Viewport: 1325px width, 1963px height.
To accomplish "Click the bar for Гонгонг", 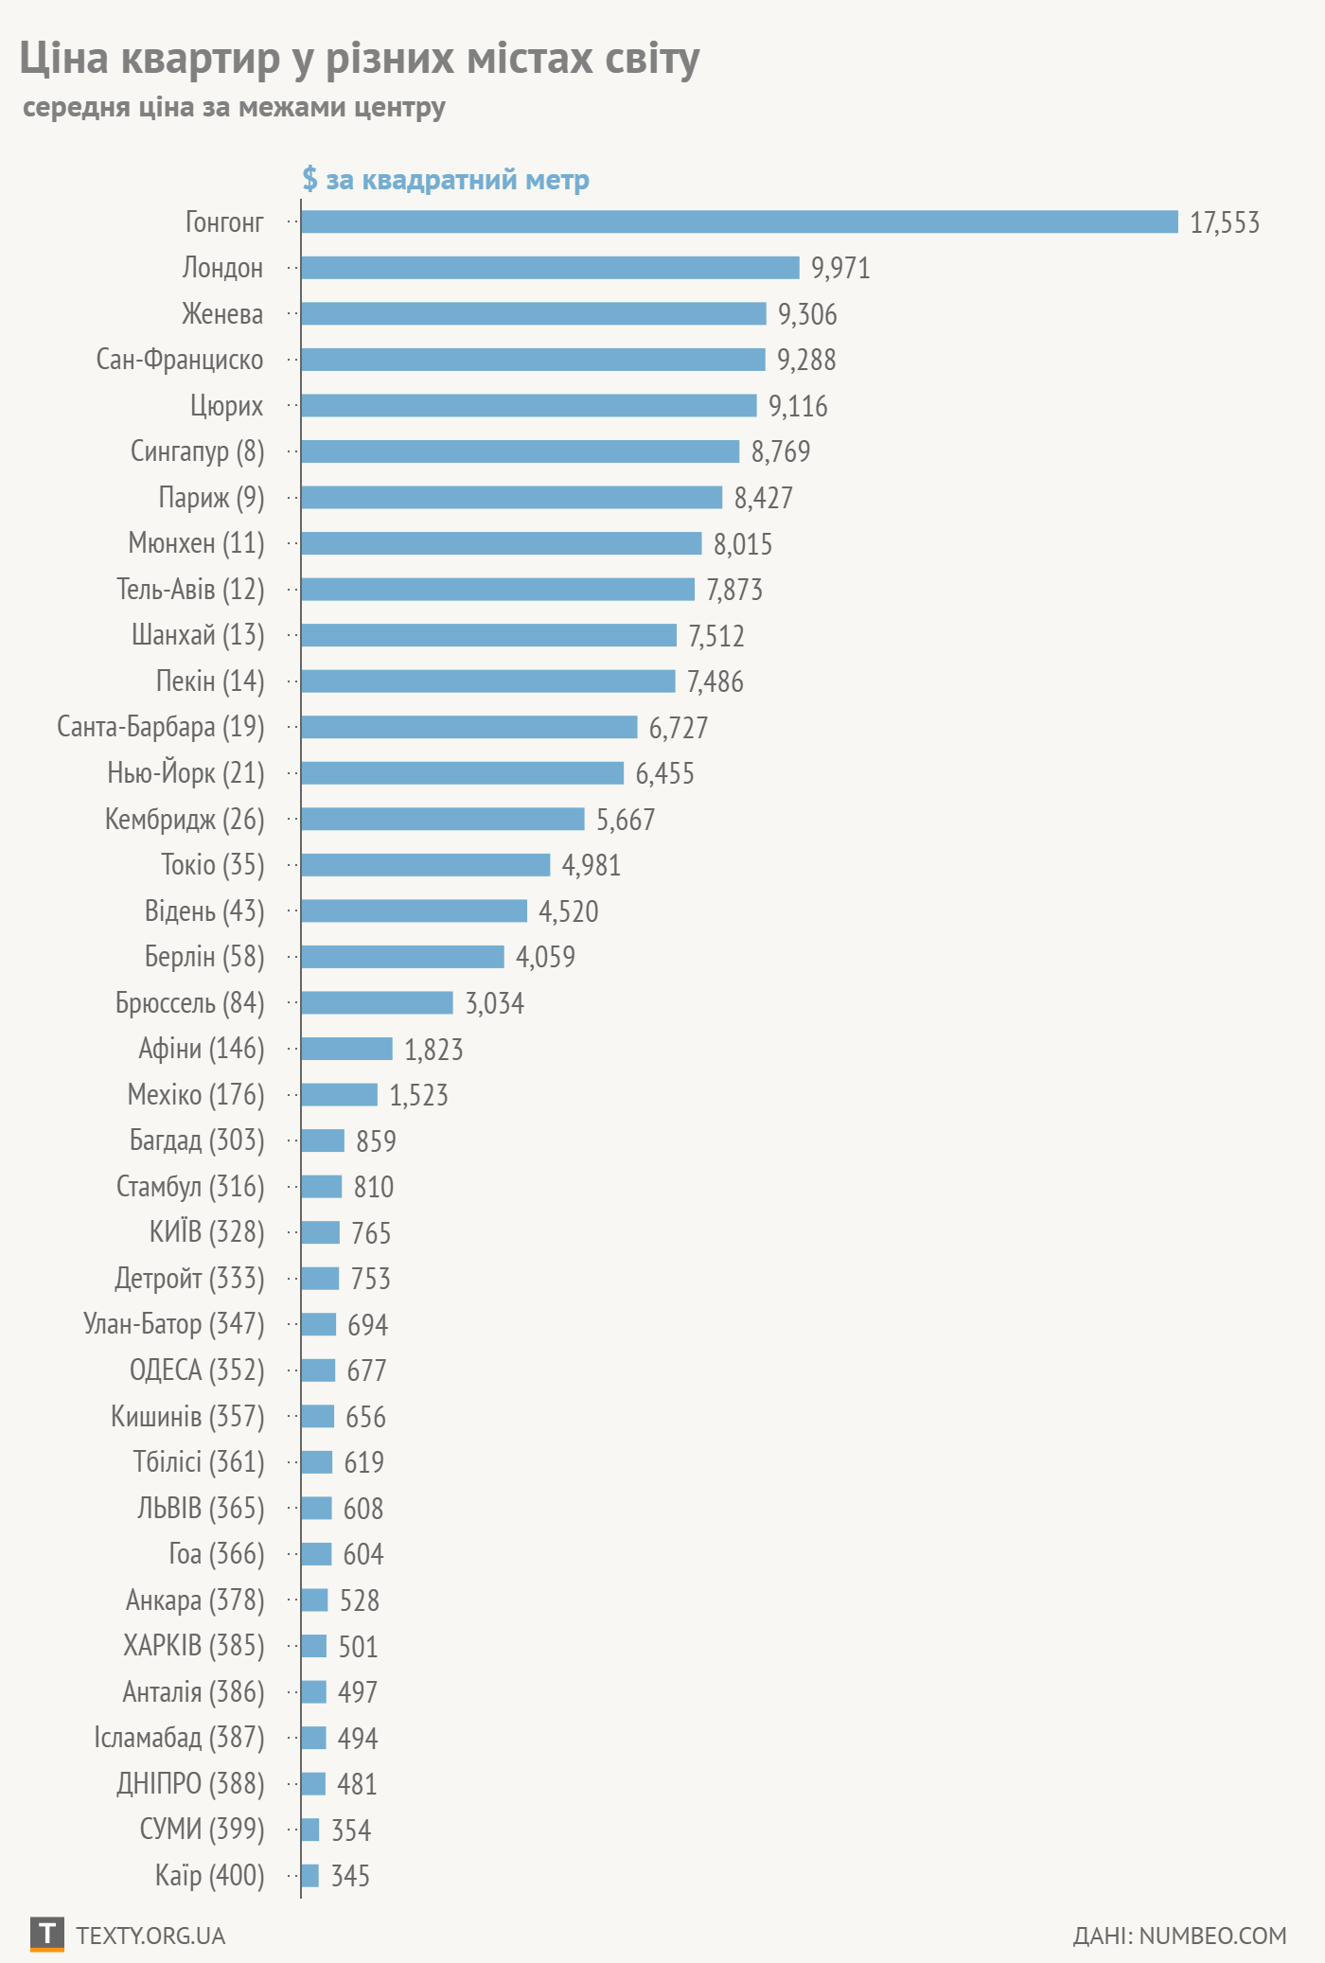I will tap(739, 221).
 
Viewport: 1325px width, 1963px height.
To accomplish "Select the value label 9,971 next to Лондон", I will tap(840, 268).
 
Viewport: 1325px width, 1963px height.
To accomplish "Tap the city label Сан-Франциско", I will tap(180, 360).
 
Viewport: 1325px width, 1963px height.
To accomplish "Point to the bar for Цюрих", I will tap(528, 405).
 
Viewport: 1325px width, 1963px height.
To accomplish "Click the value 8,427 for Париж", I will tap(764, 498).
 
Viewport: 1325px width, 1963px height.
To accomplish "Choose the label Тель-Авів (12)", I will tap(190, 589).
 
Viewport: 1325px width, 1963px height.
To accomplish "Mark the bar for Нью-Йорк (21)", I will tap(462, 773).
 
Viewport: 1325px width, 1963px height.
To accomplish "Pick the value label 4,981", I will tap(592, 865).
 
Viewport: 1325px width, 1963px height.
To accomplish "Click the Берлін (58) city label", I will tap(204, 957).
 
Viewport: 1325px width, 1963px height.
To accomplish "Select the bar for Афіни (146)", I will tap(346, 1049).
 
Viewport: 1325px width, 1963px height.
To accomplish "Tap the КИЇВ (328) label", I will tap(206, 1232).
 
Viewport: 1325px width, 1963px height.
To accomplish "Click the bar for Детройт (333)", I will tap(320, 1279).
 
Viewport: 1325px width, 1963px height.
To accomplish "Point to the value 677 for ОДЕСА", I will tap(367, 1371).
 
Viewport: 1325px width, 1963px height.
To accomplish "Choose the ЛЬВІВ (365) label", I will tap(201, 1508).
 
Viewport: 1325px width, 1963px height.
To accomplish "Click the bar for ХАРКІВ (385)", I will tap(313, 1646).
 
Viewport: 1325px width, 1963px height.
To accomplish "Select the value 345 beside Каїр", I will tap(350, 1876).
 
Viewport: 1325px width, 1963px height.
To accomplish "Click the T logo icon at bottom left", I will tap(46, 1935).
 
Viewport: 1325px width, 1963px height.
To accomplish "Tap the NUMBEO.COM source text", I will tap(1213, 1936).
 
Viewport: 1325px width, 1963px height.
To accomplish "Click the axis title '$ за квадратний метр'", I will tap(446, 179).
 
